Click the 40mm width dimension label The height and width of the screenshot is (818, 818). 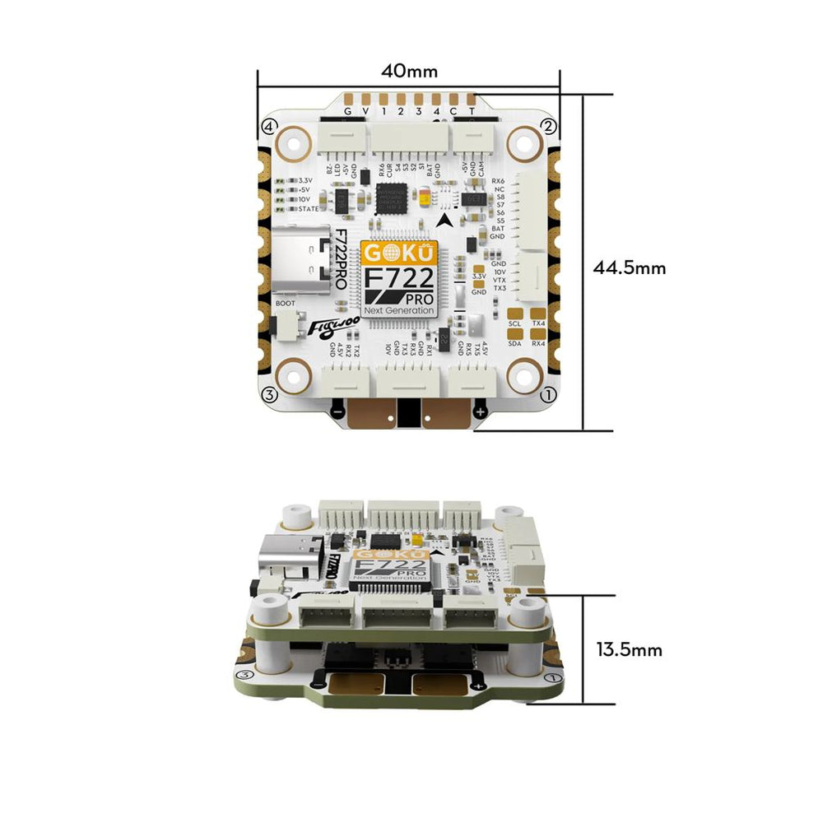point(408,70)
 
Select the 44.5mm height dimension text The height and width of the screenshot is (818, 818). point(629,267)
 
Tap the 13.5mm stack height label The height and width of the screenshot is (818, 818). point(629,649)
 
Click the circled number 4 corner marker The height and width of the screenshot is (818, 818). point(267,126)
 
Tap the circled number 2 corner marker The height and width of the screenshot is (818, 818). point(548,126)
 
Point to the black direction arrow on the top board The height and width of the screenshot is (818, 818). point(445,220)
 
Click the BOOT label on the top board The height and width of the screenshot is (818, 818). point(285,303)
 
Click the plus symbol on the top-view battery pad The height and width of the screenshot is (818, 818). point(481,411)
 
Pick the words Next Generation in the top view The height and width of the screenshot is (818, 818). point(402,311)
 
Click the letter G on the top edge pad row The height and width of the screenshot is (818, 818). point(347,111)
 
